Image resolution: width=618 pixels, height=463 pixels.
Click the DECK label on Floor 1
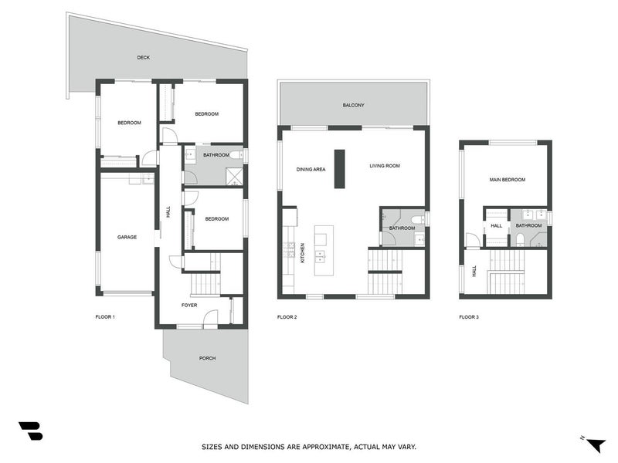[x=143, y=57]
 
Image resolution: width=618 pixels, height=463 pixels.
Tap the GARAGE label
[x=127, y=237]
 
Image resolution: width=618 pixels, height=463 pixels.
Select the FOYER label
[x=189, y=305]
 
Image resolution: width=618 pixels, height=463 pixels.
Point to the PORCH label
[x=207, y=358]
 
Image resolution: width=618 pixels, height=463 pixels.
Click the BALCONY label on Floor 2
[x=353, y=105]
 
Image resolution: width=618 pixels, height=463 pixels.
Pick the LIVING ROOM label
[x=384, y=166]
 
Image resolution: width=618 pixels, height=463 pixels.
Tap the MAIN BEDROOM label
[x=507, y=179]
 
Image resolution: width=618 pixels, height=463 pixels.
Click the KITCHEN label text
[x=302, y=252]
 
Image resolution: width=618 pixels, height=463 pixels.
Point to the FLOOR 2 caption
[x=287, y=316]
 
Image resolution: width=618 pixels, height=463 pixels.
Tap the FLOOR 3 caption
[x=469, y=316]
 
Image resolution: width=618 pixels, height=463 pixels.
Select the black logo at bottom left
[x=30, y=431]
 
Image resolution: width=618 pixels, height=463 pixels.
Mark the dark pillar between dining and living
[x=338, y=167]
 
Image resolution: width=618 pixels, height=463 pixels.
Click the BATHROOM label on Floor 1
[x=216, y=154]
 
